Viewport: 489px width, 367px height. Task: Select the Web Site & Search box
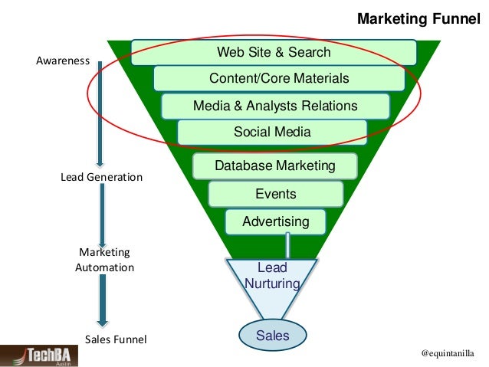point(274,53)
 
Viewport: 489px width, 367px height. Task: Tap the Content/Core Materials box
point(279,79)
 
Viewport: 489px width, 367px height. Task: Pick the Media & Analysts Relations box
point(275,106)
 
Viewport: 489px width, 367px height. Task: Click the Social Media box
point(272,132)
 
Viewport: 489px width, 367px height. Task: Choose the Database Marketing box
point(274,166)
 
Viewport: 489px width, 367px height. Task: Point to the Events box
point(275,195)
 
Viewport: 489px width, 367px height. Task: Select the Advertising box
point(275,222)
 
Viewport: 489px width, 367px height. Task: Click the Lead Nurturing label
point(271,276)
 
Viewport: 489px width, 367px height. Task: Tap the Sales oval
point(272,336)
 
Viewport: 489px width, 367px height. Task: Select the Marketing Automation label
point(104,260)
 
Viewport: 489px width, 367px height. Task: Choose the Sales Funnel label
point(115,339)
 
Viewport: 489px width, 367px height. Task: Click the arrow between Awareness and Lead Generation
point(100,115)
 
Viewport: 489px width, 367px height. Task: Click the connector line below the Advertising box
point(288,246)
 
